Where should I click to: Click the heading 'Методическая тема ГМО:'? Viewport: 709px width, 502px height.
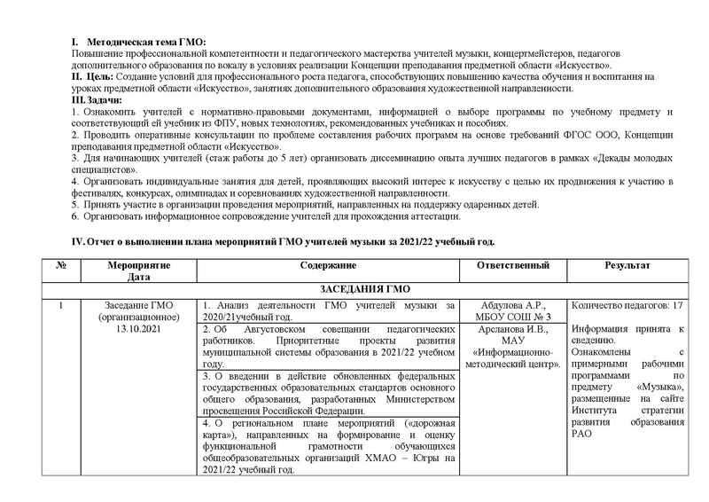(x=144, y=43)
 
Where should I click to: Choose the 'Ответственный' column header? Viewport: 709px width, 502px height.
(x=512, y=266)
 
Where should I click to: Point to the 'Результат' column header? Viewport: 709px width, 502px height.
(x=627, y=266)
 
